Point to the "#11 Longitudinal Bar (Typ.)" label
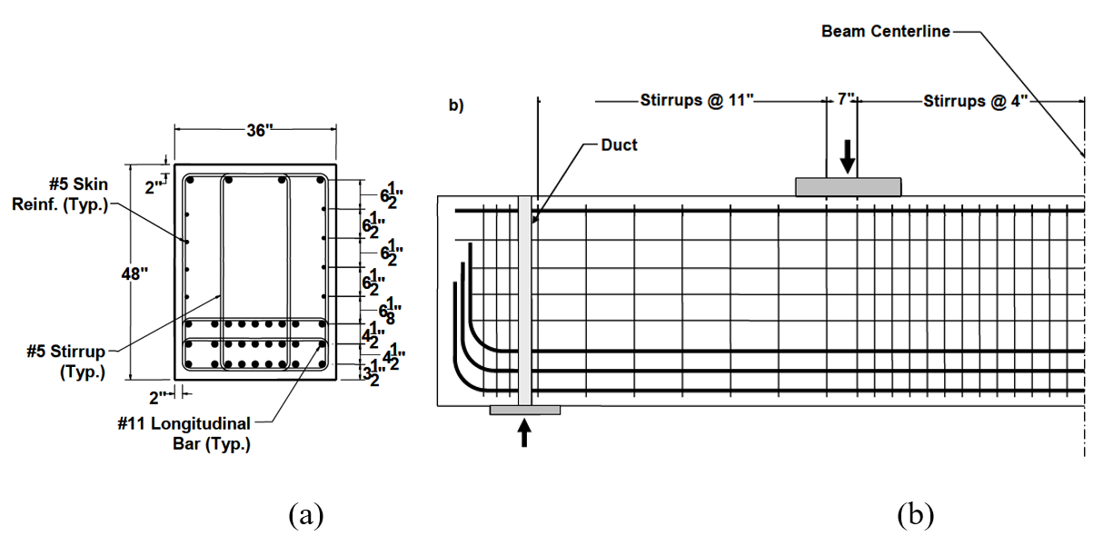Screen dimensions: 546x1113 196,433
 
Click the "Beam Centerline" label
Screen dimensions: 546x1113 885,32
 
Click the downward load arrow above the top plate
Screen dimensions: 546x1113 847,155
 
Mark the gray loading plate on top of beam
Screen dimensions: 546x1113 848,186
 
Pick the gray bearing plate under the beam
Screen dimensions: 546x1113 524,411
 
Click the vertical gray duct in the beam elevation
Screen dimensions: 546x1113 524,300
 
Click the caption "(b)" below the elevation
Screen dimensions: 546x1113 915,516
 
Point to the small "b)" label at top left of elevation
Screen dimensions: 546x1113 456,105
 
